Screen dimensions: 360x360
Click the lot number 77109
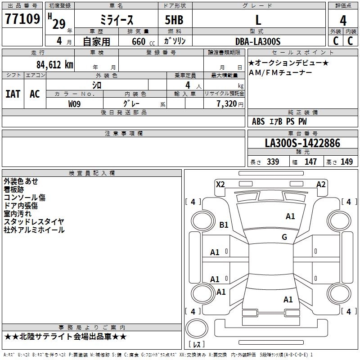pyautogui.click(x=22, y=18)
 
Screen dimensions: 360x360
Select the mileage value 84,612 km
pyautogui.click(x=55, y=65)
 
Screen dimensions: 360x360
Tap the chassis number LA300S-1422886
pyautogui.click(x=302, y=143)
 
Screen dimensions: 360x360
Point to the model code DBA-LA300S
pyautogui.click(x=258, y=41)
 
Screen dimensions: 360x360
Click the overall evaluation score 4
pyautogui.click(x=343, y=21)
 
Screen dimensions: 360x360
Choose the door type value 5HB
pyautogui.click(x=174, y=20)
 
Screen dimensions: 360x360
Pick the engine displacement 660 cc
pyautogui.click(x=143, y=42)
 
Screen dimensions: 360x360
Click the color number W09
pyautogui.click(x=74, y=104)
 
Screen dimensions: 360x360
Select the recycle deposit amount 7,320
pyautogui.click(x=227, y=104)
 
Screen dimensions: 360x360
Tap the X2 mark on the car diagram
pyautogui.click(x=220, y=184)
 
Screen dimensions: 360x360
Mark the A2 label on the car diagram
pyautogui.click(x=321, y=184)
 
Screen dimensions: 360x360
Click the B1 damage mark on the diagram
pyautogui.click(x=224, y=225)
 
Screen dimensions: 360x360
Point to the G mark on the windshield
pyautogui.click(x=284, y=237)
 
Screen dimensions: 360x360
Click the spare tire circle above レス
pyautogui.click(x=197, y=328)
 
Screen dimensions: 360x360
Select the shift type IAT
pyautogui.click(x=13, y=94)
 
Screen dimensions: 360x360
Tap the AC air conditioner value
pyautogui.click(x=35, y=94)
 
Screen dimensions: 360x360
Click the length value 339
pyautogui.click(x=273, y=162)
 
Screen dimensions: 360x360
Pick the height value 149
pyautogui.click(x=346, y=162)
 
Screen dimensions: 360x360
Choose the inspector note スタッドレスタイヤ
pyautogui.click(x=34, y=221)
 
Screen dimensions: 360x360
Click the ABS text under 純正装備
pyautogui.click(x=258, y=121)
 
